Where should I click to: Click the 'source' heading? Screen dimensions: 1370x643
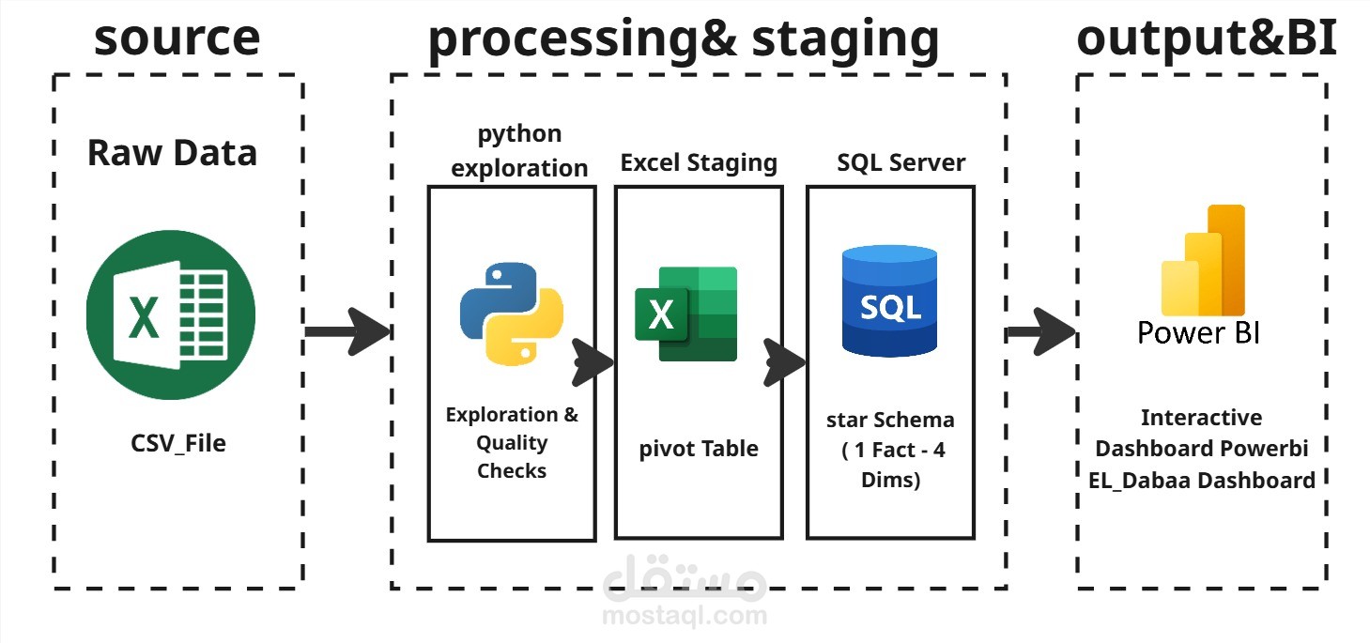pos(177,38)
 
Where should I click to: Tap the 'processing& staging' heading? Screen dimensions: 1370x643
pos(684,40)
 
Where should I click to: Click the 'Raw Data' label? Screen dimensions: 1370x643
pos(172,153)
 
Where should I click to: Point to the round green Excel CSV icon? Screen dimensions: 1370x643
pos(171,314)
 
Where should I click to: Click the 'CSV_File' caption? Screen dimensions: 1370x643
pos(178,443)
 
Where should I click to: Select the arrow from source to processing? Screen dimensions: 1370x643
pos(347,331)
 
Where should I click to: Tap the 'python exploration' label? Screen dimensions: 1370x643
pos(519,150)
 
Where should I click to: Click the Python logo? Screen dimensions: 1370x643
pos(512,314)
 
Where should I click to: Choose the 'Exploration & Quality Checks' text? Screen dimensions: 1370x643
pos(512,442)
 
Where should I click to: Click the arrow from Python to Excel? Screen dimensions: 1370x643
pos(593,362)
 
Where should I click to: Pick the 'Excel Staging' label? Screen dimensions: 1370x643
pos(699,163)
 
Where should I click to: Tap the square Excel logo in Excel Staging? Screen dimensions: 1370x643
pos(685,314)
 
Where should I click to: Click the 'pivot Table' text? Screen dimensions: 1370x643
pos(699,450)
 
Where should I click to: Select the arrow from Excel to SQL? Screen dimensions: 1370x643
pos(785,362)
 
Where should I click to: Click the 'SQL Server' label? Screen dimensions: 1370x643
pos(901,162)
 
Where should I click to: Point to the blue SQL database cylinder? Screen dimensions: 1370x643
pos(890,301)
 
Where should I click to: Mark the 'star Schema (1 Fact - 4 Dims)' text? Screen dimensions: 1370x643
pos(890,450)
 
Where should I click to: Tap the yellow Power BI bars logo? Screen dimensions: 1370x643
pos(1204,260)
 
